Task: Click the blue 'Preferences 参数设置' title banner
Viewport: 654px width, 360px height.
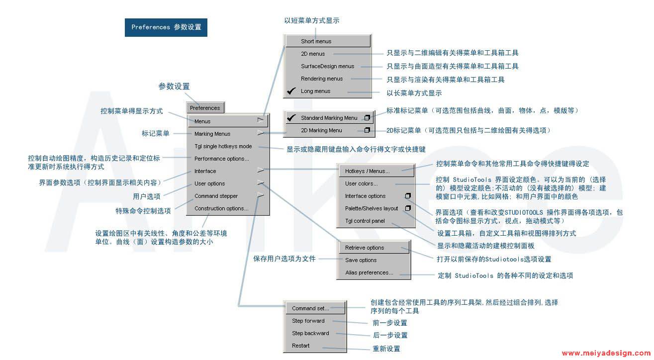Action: pos(166,27)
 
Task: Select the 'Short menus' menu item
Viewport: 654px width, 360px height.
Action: pos(316,41)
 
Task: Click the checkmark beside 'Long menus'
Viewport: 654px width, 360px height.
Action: pos(291,91)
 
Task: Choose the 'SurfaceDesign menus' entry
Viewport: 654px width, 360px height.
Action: pos(327,66)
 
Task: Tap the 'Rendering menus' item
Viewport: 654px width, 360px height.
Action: pos(322,79)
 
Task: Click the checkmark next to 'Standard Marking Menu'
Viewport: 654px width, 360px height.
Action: pos(291,118)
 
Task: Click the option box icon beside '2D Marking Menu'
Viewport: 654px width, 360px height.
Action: pos(367,130)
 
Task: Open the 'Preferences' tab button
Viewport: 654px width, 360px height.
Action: pos(205,108)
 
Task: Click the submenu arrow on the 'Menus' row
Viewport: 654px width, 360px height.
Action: pos(261,120)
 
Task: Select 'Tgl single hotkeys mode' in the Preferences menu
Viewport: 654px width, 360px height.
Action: pos(223,146)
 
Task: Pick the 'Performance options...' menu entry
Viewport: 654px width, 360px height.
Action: pos(222,159)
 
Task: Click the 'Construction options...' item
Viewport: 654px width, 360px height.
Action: pos(221,208)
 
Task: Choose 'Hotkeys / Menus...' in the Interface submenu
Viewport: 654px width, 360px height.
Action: pos(368,171)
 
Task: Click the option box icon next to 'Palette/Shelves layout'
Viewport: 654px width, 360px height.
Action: pos(408,208)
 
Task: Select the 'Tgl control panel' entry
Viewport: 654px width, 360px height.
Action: pos(365,221)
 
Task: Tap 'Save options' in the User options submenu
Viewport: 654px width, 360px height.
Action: pos(361,260)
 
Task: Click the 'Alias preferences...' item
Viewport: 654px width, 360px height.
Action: pos(369,272)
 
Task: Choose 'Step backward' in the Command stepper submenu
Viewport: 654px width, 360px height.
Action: pos(310,333)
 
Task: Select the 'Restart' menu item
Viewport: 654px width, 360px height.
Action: pos(300,346)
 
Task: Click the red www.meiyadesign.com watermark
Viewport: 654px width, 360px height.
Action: pos(606,353)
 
